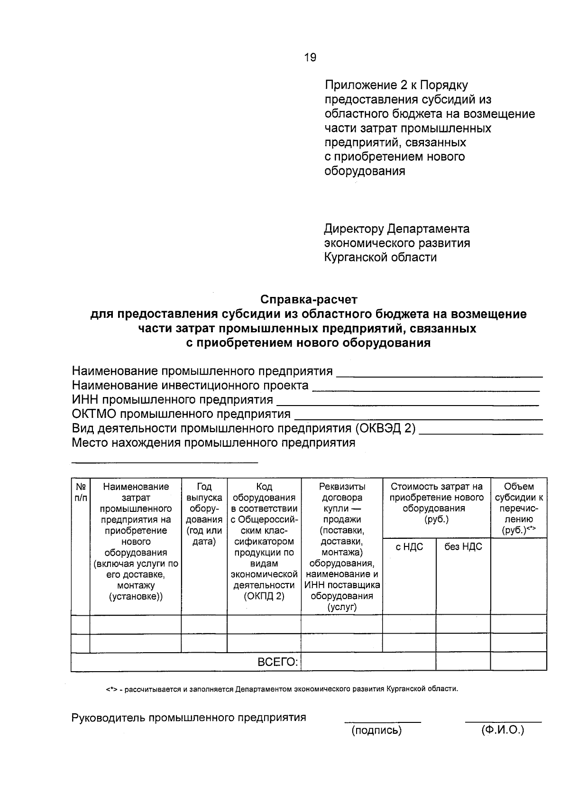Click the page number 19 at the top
tap(310, 57)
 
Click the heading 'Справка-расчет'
tap(309, 300)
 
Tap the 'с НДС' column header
tap(409, 547)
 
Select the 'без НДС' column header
tap(463, 547)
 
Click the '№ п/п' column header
tap(81, 492)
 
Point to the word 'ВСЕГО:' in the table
tap(278, 662)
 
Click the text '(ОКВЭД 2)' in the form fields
tap(385, 429)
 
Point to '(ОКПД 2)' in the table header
tap(264, 597)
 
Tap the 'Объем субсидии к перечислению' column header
tap(519, 508)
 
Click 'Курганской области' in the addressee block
tap(380, 258)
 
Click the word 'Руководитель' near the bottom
tap(108, 718)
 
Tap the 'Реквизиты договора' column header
tap(342, 492)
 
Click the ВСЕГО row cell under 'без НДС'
tap(463, 662)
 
